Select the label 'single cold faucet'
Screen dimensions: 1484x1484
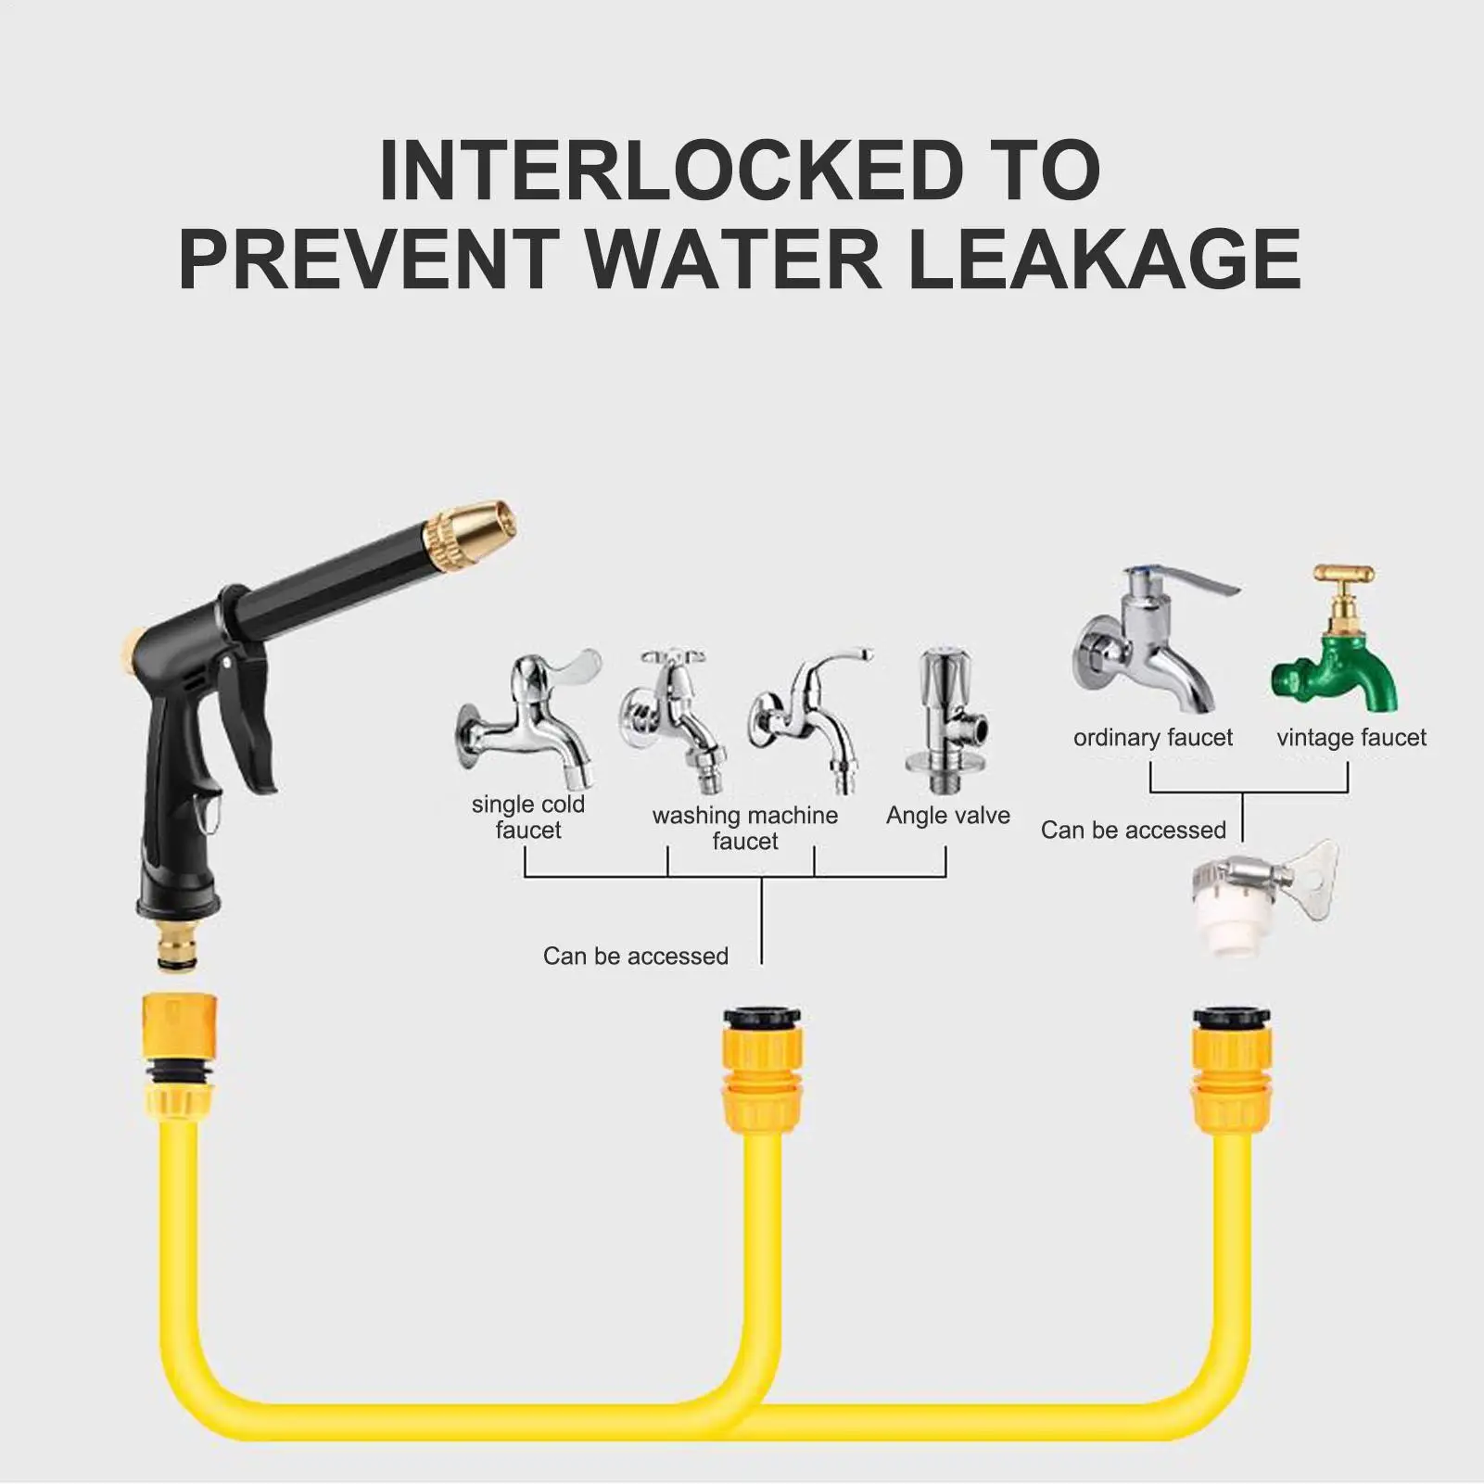coord(527,817)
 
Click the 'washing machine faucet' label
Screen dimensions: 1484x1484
coord(745,828)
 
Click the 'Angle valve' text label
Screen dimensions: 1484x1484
coord(948,815)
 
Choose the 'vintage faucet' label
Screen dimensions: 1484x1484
coord(1351,738)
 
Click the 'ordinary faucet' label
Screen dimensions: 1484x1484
coord(1153,738)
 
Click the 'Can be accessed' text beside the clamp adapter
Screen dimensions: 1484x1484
coord(1133,830)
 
